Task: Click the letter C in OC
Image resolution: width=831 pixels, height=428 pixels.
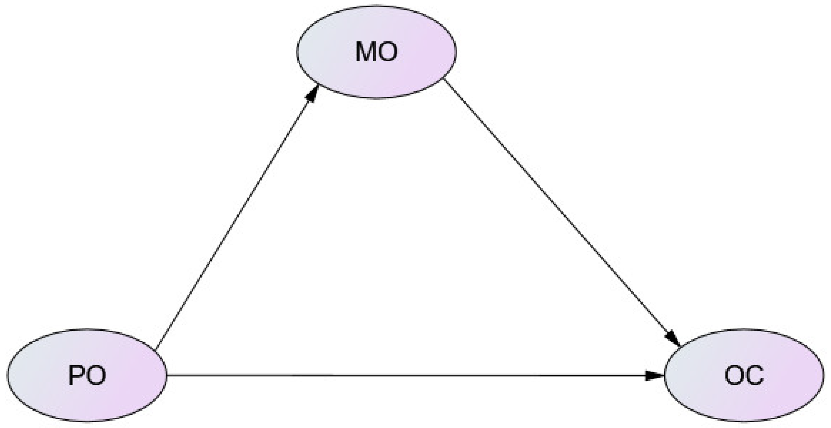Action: click(x=754, y=376)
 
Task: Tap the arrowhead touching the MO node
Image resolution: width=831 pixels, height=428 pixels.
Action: click(x=312, y=94)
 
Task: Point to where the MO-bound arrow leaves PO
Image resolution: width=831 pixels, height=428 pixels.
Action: click(x=157, y=348)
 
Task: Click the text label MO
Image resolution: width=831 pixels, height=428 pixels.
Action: click(x=376, y=52)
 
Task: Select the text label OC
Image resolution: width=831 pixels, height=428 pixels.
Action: click(x=744, y=376)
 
